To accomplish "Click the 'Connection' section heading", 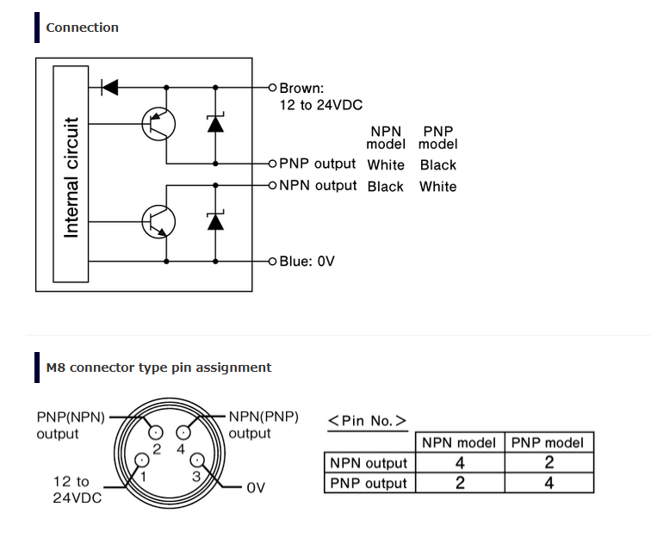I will click(x=82, y=28).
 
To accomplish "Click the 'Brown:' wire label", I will click(x=301, y=88).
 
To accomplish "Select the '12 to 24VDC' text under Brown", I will click(x=320, y=105).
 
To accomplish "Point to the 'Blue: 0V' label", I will click(x=307, y=261).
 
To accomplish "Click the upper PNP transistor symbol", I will click(x=158, y=125).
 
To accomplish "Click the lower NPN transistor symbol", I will click(x=158, y=221).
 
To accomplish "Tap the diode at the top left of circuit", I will click(x=109, y=87).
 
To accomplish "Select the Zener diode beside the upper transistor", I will click(x=215, y=123).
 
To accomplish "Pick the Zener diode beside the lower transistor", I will click(x=215, y=221).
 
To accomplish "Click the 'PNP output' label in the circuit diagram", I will click(x=317, y=164).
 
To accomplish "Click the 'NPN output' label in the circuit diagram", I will click(x=317, y=185).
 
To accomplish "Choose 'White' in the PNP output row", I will click(x=385, y=165).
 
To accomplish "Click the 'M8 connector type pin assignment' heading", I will click(x=158, y=368).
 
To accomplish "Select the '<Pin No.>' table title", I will click(x=367, y=421).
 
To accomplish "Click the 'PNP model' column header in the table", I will click(x=548, y=443).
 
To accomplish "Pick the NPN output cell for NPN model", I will click(x=459, y=463).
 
